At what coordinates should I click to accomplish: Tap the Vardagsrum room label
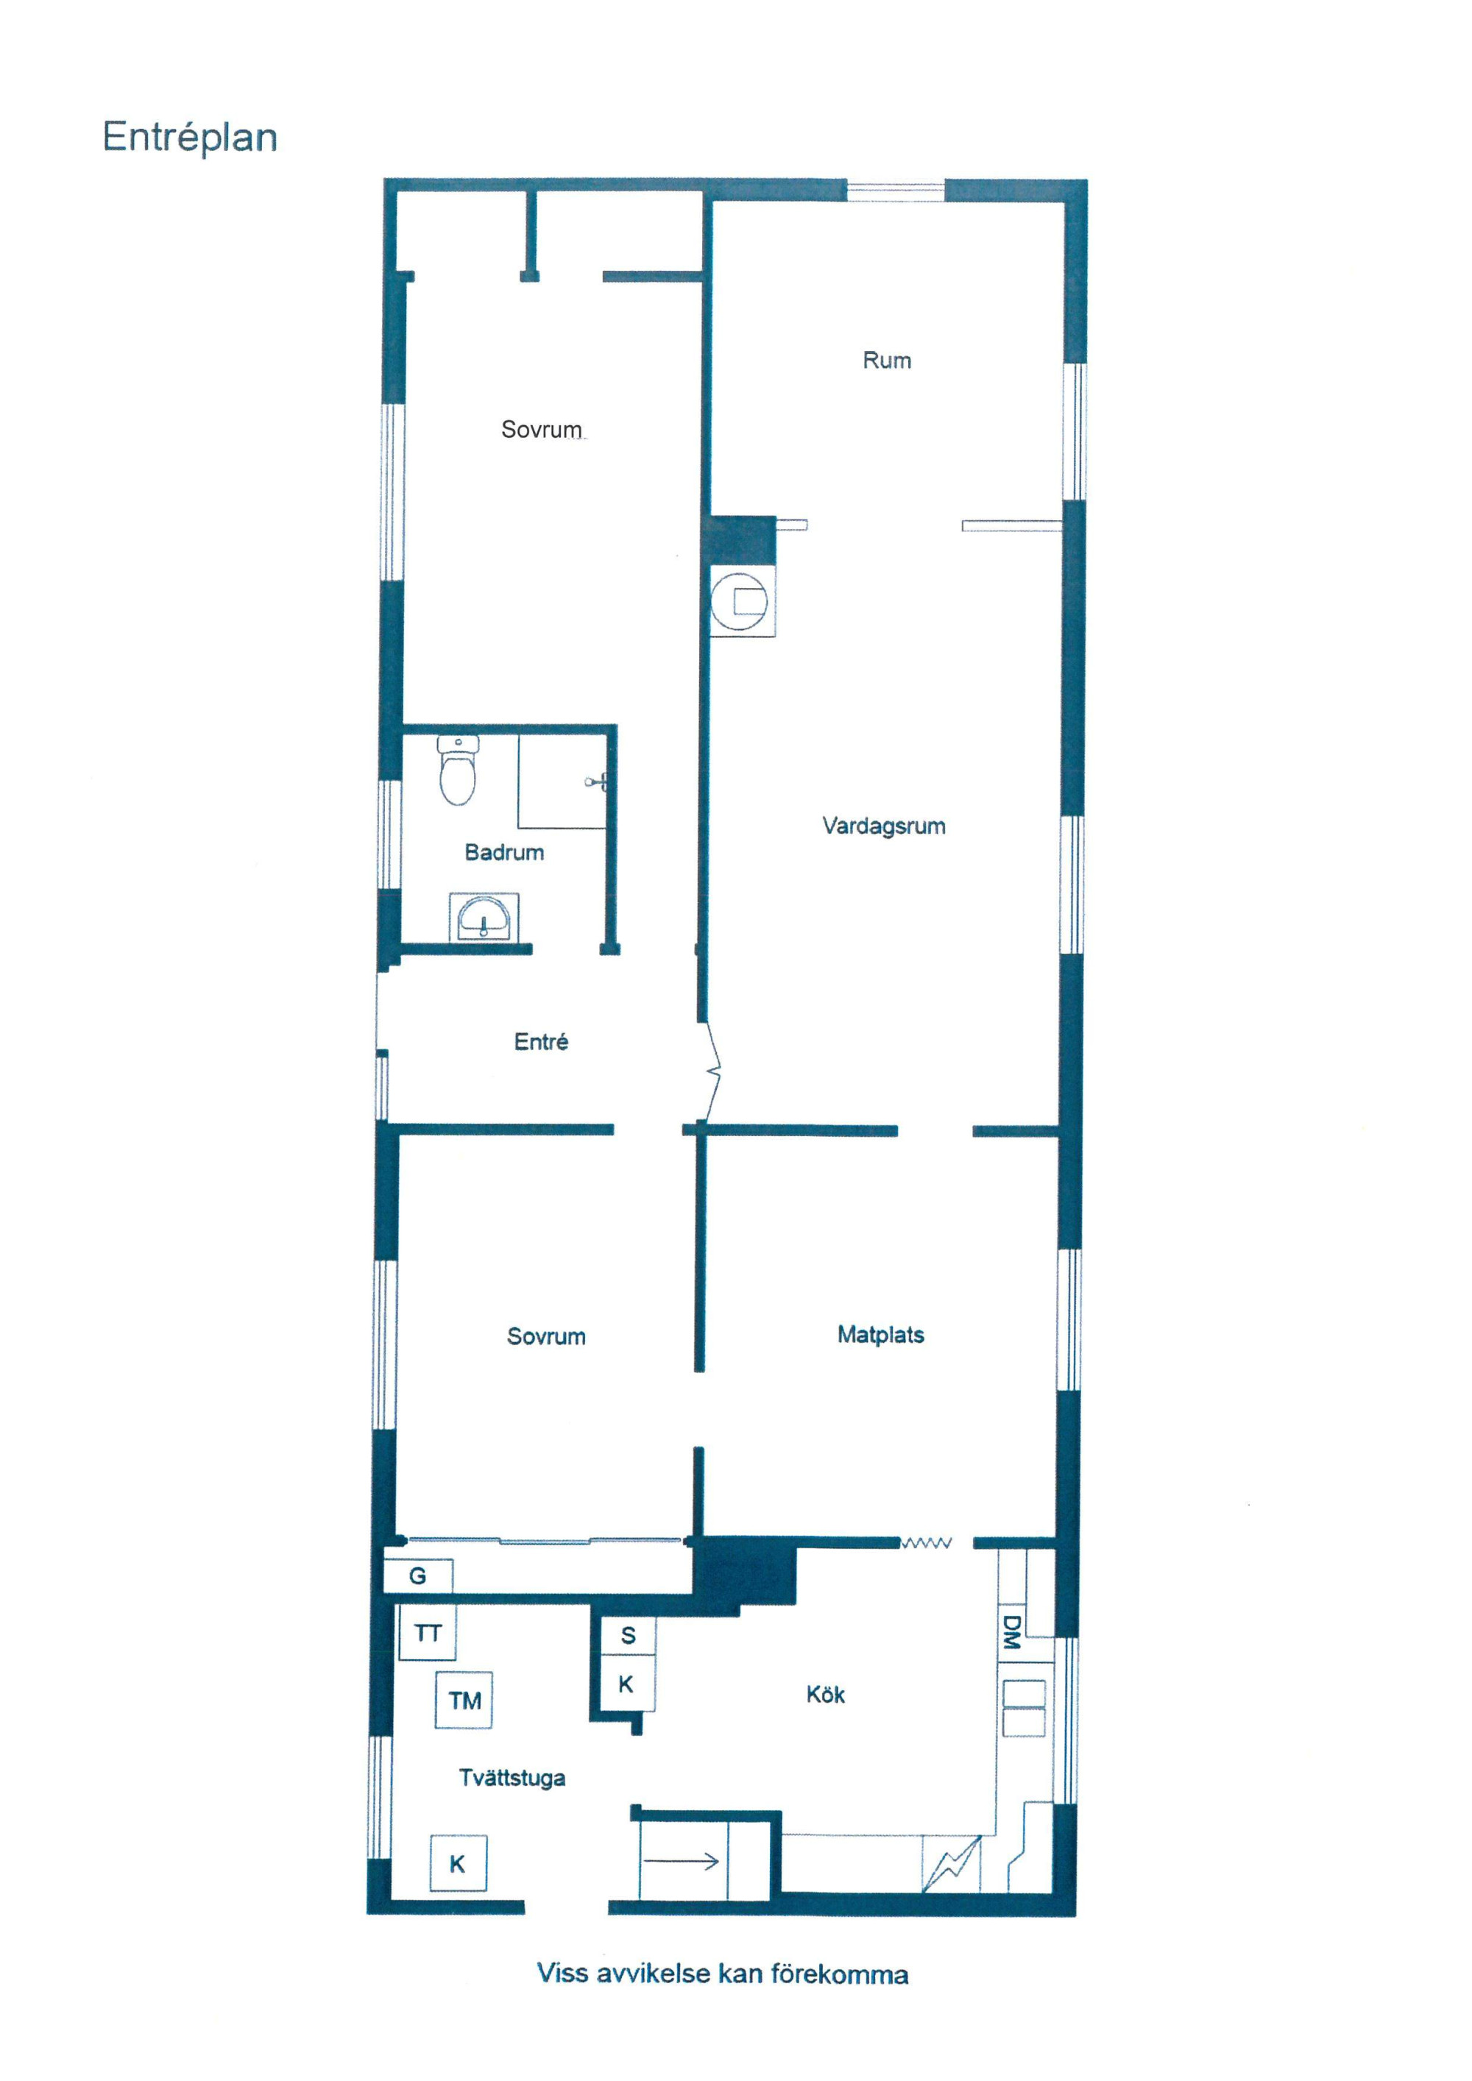pyautogui.click(x=884, y=826)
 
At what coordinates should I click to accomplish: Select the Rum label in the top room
pyautogui.click(x=886, y=361)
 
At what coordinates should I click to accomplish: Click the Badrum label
pyautogui.click(x=504, y=852)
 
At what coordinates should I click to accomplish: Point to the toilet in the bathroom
pyautogui.click(x=458, y=770)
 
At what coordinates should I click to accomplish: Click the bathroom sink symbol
pyautogui.click(x=483, y=917)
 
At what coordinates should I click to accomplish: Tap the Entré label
pyautogui.click(x=541, y=1041)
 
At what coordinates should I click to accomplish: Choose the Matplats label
pyautogui.click(x=880, y=1334)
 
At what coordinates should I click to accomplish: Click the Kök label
pyautogui.click(x=825, y=1694)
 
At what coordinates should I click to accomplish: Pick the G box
pyautogui.click(x=418, y=1575)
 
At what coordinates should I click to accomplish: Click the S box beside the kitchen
pyautogui.click(x=627, y=1635)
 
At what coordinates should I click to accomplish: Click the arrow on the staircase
pyautogui.click(x=681, y=1862)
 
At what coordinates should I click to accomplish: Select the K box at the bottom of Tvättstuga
pyautogui.click(x=458, y=1863)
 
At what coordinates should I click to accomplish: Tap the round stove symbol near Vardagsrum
pyautogui.click(x=740, y=600)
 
